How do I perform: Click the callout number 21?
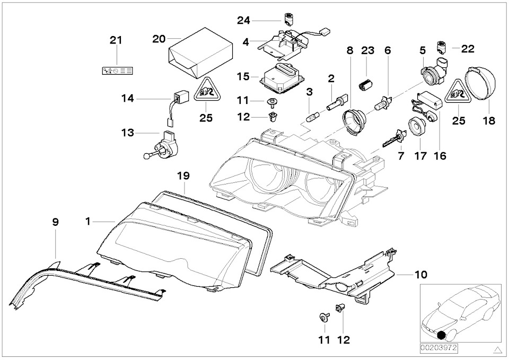[116, 40]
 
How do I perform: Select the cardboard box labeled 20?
[201, 53]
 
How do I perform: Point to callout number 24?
[243, 20]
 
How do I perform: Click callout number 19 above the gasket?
[183, 175]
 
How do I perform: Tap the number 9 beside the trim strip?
[55, 223]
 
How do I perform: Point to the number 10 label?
[420, 275]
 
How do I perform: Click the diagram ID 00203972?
[438, 348]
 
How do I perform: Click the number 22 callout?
[468, 49]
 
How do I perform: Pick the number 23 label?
[368, 51]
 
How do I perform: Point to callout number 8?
[349, 51]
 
